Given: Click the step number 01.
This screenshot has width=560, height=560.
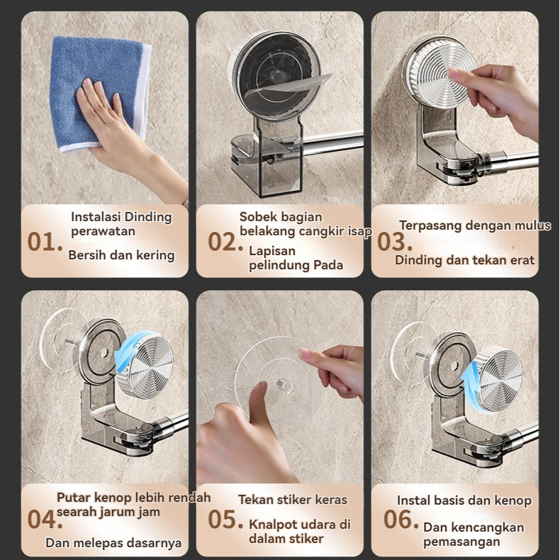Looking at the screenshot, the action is (x=45, y=242).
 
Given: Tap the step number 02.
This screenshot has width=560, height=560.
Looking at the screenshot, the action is (x=225, y=242).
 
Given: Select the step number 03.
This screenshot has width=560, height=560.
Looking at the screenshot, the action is (x=394, y=242).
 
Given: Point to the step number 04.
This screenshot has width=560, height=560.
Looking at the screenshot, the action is (x=45, y=519).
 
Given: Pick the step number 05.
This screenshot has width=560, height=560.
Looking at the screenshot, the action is (x=225, y=519).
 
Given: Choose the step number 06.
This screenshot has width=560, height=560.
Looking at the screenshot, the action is (x=401, y=519).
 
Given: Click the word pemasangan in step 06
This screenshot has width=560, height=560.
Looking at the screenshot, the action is (x=461, y=542).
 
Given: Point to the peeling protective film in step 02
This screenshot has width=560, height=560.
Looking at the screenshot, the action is (x=288, y=86).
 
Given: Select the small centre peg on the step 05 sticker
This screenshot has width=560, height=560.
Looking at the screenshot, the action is (x=286, y=387).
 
